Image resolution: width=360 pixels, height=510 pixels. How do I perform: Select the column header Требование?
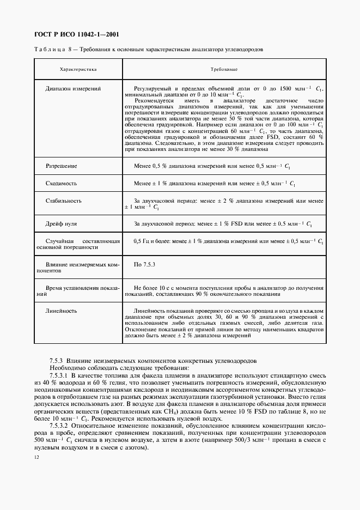pos(223,70)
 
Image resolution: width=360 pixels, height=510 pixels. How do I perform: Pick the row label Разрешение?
pos(61,165)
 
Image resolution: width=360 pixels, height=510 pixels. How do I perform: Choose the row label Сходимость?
pos(61,184)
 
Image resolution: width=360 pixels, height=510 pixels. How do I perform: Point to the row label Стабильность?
pos(64,201)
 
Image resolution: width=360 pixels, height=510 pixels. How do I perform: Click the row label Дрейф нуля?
pos(62,224)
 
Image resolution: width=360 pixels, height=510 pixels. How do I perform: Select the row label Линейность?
pos(61,311)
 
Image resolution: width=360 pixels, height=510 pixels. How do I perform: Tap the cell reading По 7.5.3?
pos(145,264)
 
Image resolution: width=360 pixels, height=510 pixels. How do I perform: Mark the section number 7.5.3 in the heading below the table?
pos(57,361)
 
